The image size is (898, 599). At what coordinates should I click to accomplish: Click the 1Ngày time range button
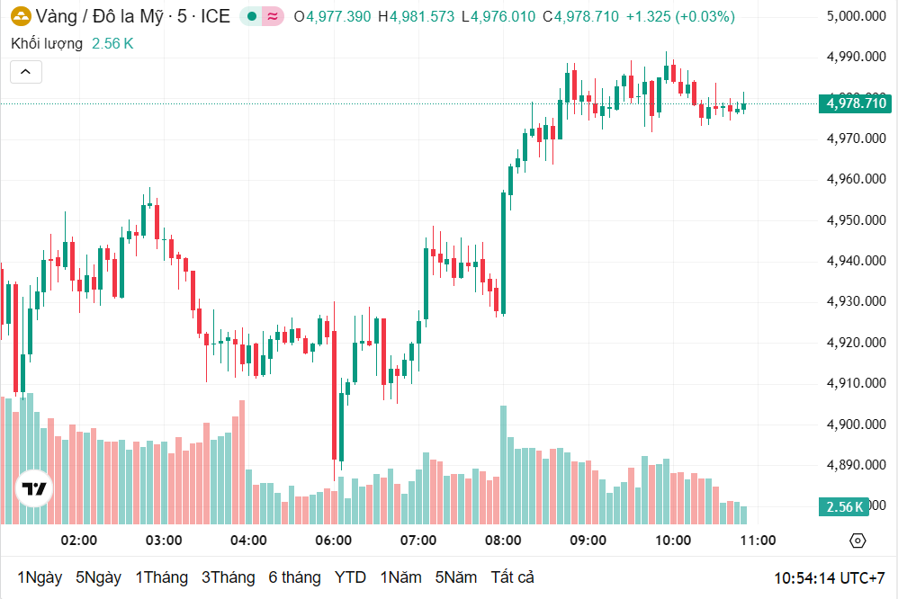tap(40, 577)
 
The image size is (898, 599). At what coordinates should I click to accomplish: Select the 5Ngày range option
tap(98, 577)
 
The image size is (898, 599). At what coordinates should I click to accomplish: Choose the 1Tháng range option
tap(161, 577)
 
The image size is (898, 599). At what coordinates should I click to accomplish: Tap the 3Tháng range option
tap(228, 577)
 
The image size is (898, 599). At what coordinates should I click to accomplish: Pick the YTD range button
tap(350, 577)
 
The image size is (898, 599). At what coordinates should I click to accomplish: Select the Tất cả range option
tap(512, 577)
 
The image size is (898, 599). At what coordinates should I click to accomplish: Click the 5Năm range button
tap(455, 577)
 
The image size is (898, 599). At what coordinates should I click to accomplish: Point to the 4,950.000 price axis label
tap(855, 220)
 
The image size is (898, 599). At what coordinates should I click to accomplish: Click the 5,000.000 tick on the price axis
tap(855, 16)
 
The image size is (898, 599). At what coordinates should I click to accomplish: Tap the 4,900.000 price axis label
tap(855, 425)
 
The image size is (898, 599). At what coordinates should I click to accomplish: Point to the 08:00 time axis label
tap(503, 541)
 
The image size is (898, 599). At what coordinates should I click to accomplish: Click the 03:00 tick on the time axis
tap(164, 541)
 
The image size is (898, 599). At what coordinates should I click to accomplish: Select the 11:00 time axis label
tap(758, 541)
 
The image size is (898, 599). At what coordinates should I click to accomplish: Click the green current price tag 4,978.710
tap(855, 103)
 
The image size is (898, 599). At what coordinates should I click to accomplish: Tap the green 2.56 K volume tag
tap(844, 506)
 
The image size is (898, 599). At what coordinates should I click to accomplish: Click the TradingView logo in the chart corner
tap(34, 489)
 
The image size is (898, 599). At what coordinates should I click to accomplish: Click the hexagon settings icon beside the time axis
tap(858, 541)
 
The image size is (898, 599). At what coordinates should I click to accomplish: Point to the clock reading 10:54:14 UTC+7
tap(830, 577)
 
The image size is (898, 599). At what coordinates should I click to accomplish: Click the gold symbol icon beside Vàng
tap(20, 16)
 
